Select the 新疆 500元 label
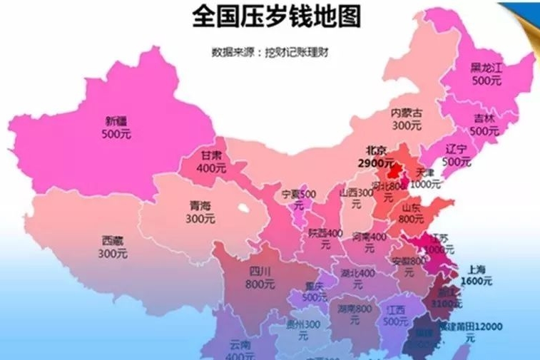click(115, 127)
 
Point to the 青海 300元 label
click(200, 212)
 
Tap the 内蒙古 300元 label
click(407, 119)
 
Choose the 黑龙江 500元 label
click(485, 74)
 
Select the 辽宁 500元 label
click(456, 155)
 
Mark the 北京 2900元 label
click(375, 157)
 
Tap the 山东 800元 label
click(412, 213)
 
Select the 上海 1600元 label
click(476, 275)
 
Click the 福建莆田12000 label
click(470, 330)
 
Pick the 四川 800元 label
click(260, 277)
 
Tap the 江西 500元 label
click(392, 315)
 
